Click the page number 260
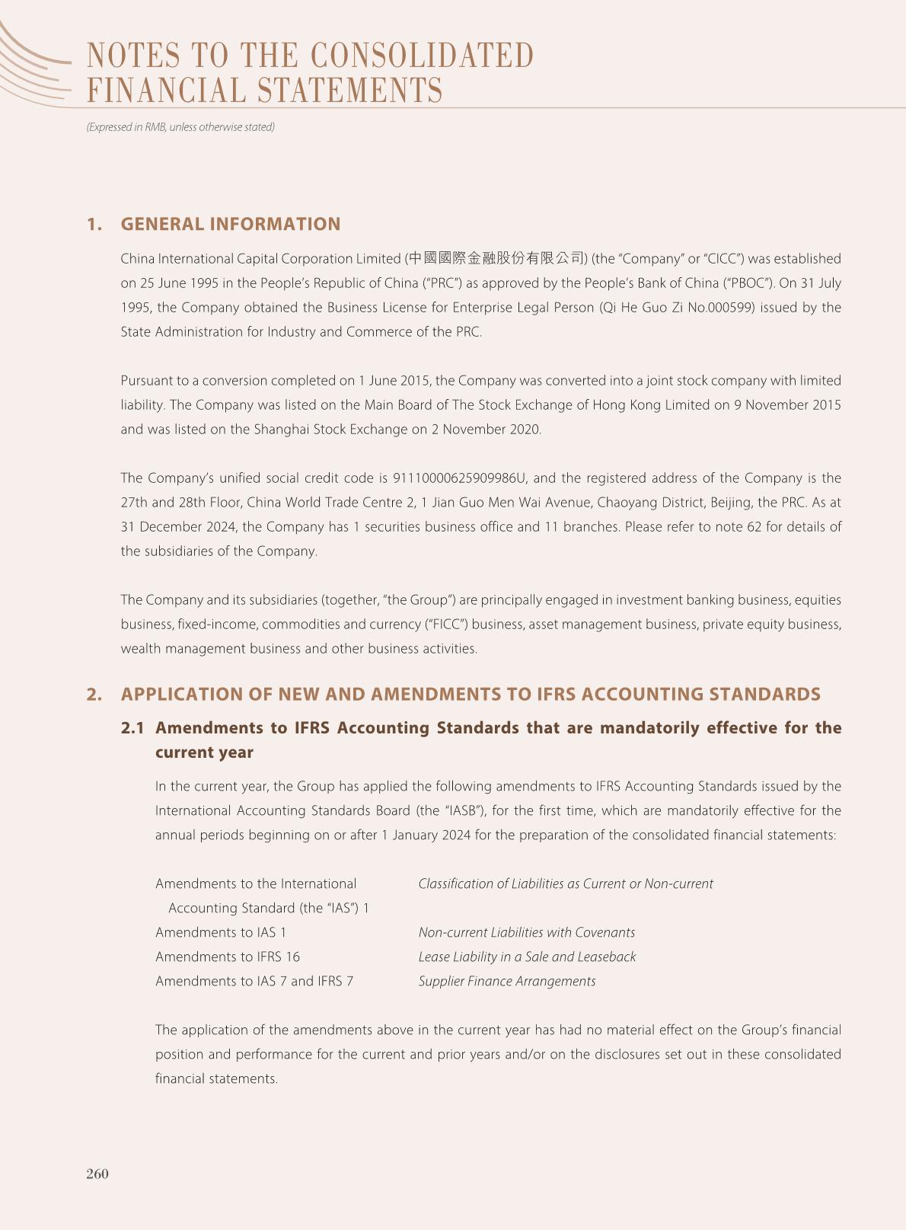pos(97,1174)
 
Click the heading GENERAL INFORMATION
pos(231,224)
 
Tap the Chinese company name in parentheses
pos(497,258)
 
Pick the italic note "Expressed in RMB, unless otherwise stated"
pos(180,127)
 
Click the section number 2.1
pos(132,728)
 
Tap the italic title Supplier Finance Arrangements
pos(507,981)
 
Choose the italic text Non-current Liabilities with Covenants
pos(527,932)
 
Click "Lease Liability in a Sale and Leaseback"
pos(527,957)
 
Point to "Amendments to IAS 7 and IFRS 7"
pos(254,981)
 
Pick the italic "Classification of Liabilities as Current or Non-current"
pos(566,883)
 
